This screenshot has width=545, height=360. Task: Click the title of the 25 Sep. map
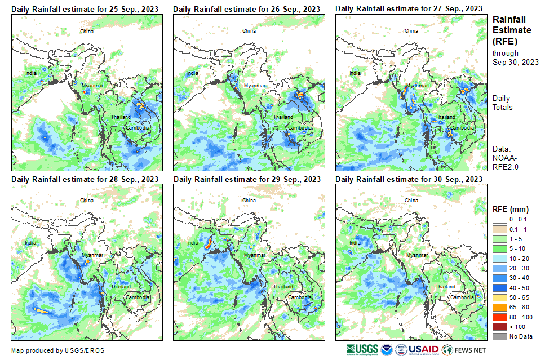click(x=85, y=8)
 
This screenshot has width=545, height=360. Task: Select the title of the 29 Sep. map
click(x=247, y=179)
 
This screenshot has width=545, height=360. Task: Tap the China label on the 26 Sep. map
click(x=249, y=31)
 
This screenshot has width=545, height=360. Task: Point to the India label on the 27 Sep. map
click(x=355, y=73)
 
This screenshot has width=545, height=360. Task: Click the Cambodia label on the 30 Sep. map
click(x=462, y=297)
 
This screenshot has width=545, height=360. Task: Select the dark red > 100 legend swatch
click(x=500, y=326)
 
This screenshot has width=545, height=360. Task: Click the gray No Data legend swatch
click(x=500, y=336)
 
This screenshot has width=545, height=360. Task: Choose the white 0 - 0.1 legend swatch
click(x=500, y=219)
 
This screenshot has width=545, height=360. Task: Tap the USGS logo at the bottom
click(x=362, y=349)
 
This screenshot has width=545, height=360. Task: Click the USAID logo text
click(x=424, y=349)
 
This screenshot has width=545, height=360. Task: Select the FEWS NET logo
click(x=463, y=349)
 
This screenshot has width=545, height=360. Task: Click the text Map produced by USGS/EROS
click(x=57, y=350)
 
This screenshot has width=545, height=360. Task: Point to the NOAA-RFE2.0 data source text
click(x=506, y=162)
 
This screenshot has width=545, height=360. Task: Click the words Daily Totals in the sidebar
click(x=502, y=103)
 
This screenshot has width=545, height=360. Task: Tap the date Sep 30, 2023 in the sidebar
click(x=515, y=62)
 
